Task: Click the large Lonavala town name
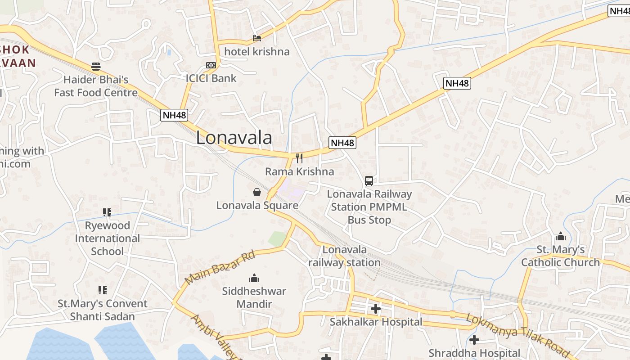click(x=234, y=138)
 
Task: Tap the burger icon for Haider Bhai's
click(x=96, y=67)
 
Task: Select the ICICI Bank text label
click(x=211, y=78)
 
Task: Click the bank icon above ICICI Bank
click(x=211, y=65)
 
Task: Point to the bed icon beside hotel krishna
click(x=257, y=38)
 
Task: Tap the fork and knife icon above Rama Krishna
click(x=299, y=158)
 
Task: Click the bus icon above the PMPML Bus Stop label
click(x=369, y=181)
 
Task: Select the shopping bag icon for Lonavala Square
click(x=257, y=192)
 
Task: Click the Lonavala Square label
click(x=257, y=206)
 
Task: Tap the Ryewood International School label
click(x=107, y=238)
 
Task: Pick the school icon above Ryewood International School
click(x=107, y=212)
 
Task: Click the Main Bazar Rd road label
click(x=220, y=267)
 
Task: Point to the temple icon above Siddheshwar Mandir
click(x=254, y=278)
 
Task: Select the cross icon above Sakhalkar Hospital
click(x=376, y=309)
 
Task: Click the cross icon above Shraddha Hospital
click(x=474, y=340)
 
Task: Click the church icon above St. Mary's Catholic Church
click(x=561, y=236)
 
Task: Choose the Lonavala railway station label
click(x=345, y=256)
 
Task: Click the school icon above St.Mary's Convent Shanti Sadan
click(x=103, y=290)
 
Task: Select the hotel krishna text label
click(x=257, y=52)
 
